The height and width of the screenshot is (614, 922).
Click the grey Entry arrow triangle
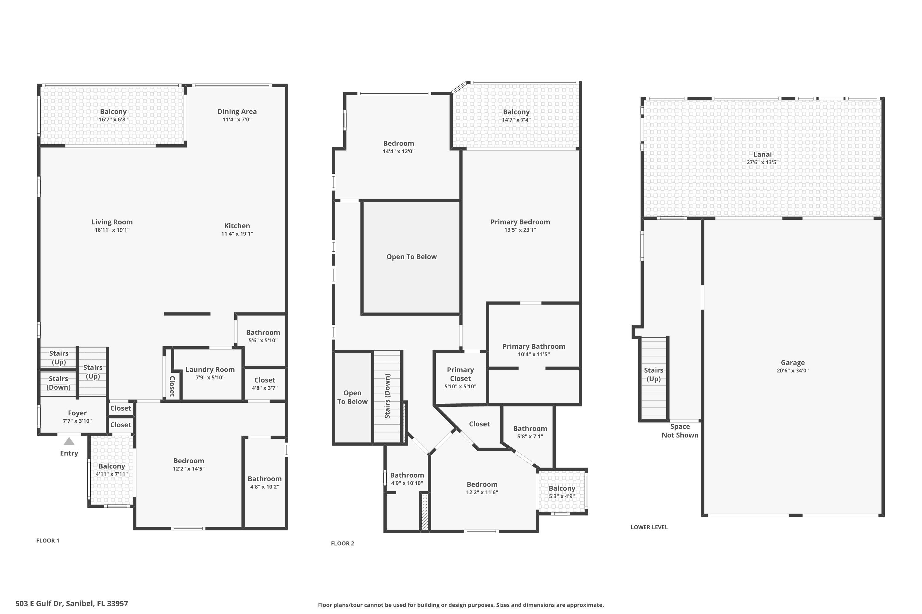(69, 442)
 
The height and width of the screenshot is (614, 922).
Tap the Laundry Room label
(210, 370)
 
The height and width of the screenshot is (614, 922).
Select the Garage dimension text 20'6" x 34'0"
(793, 371)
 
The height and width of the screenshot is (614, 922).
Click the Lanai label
(762, 154)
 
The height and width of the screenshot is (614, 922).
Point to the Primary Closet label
(460, 374)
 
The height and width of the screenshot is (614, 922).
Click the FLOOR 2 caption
(342, 543)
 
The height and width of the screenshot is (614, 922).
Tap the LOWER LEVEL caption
(649, 527)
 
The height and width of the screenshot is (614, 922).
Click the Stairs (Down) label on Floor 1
(58, 383)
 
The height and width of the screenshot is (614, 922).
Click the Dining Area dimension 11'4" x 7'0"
(237, 119)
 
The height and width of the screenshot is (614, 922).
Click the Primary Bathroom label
(534, 347)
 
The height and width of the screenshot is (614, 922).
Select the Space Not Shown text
(680, 431)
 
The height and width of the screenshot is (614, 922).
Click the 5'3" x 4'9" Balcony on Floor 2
(562, 492)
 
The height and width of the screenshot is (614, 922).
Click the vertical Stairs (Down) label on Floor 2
(387, 396)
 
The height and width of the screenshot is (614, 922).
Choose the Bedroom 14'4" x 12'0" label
(398, 144)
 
